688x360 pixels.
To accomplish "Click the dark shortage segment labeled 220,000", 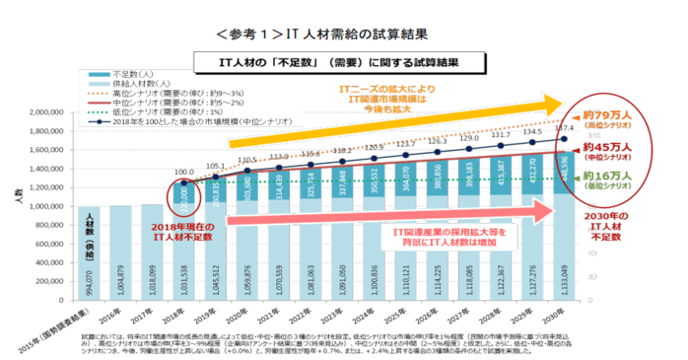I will [183, 194].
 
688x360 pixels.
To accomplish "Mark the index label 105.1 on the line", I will [217, 167].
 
